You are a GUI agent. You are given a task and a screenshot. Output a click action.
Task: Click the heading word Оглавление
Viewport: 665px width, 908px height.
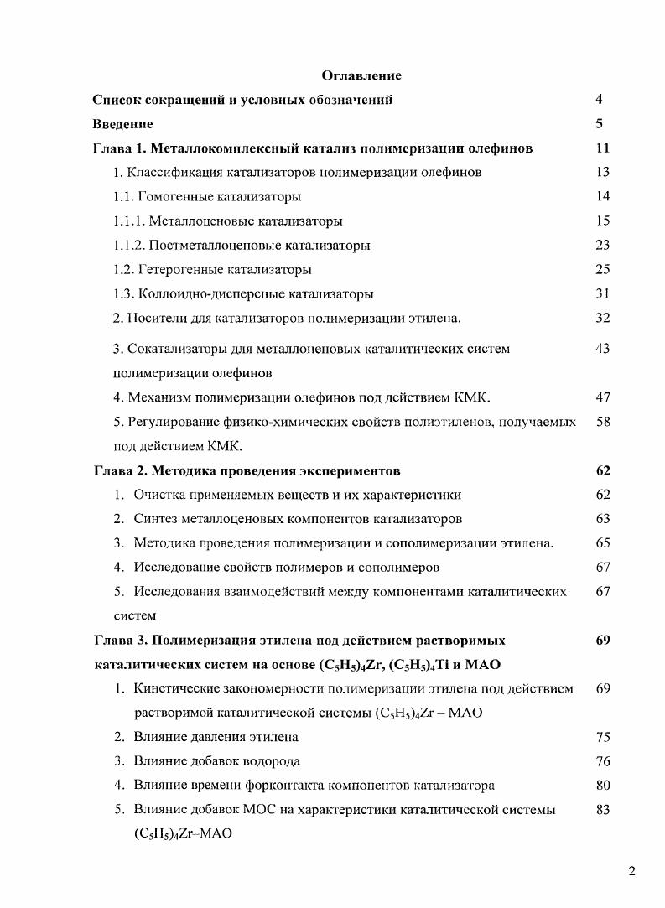[x=361, y=76]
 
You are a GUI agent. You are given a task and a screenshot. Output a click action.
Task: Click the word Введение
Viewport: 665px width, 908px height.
[x=122, y=125]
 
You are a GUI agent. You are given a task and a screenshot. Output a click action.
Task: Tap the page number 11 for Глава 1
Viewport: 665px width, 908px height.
[x=602, y=149]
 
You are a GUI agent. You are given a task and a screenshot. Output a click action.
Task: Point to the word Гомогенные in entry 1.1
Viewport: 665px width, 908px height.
[x=170, y=197]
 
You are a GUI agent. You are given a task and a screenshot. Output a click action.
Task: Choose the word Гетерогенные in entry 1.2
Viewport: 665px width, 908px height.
[x=174, y=270]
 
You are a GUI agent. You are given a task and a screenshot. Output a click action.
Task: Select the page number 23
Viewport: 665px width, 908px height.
[x=602, y=246]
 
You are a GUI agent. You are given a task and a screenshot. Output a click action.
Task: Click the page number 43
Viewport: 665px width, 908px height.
[x=602, y=348]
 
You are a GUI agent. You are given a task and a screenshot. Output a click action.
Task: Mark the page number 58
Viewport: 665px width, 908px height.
[x=602, y=422]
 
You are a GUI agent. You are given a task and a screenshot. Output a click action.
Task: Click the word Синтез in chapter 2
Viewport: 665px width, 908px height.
[x=155, y=519]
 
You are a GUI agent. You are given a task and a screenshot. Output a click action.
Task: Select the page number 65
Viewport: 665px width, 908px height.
[x=602, y=543]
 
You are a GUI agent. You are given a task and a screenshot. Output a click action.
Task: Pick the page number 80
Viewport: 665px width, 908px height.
[x=602, y=786]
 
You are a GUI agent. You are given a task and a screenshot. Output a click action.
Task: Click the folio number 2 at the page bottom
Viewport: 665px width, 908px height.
[x=631, y=871]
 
